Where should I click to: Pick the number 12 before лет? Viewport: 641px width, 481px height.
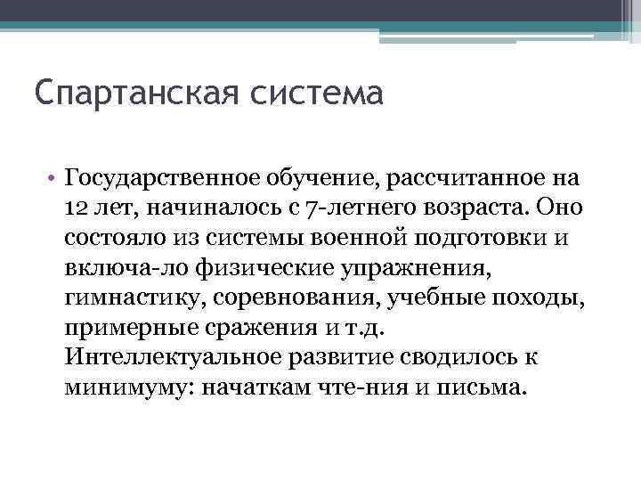point(76,208)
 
